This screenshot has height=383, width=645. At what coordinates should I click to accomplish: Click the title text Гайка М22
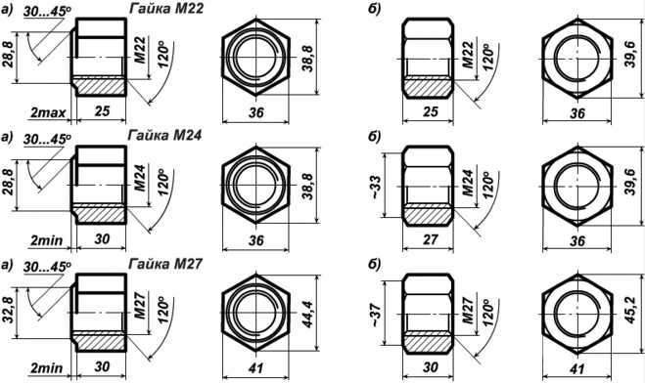(x=165, y=8)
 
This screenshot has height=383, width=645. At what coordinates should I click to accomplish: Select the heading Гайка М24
(x=165, y=135)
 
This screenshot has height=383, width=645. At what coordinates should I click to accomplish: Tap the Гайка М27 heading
(x=165, y=263)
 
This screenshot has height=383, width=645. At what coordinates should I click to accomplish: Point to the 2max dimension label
(x=48, y=112)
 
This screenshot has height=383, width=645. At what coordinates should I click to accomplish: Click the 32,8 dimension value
(x=9, y=313)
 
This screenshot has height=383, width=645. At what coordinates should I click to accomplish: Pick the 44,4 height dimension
(x=307, y=314)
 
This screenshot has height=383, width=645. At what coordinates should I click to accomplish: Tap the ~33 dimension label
(x=376, y=187)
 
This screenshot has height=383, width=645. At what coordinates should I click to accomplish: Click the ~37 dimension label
(x=376, y=315)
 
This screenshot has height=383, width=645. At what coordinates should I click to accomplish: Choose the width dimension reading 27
(x=430, y=239)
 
